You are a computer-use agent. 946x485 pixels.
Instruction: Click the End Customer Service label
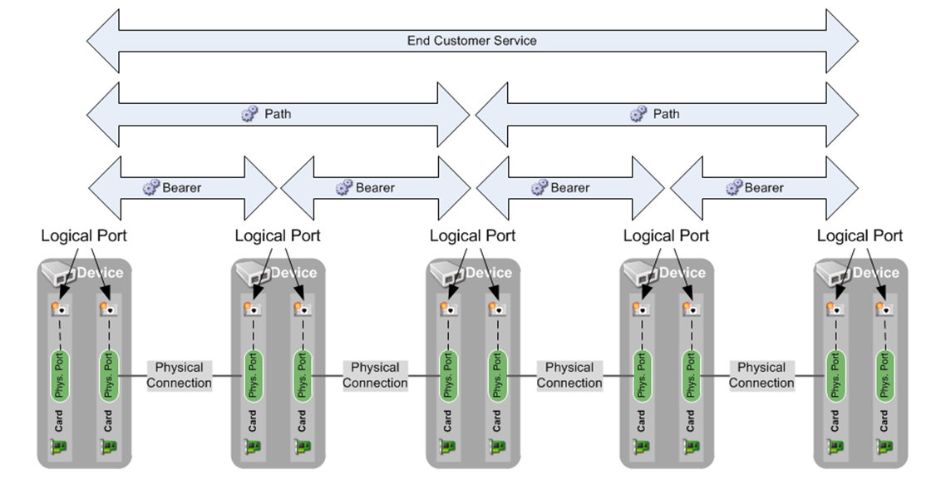(x=471, y=40)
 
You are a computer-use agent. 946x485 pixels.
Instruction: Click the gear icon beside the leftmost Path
(x=250, y=114)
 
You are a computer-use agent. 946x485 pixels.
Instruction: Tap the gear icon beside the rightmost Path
(x=638, y=114)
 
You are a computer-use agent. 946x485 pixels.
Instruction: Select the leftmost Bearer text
(x=182, y=187)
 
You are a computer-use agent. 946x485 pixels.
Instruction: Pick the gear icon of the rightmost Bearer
(x=733, y=187)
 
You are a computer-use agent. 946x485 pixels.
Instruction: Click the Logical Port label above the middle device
(x=472, y=236)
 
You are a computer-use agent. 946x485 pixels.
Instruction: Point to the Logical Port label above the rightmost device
(x=860, y=236)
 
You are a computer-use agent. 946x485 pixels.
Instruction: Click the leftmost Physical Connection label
(x=179, y=375)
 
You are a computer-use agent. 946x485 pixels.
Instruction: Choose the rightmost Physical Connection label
(x=761, y=375)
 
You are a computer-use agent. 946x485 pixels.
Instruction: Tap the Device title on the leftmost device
(x=100, y=273)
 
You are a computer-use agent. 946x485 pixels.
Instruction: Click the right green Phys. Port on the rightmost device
(x=884, y=375)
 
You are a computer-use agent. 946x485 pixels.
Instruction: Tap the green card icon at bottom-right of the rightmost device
(x=884, y=447)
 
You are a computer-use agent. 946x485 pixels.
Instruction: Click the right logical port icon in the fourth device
(x=689, y=309)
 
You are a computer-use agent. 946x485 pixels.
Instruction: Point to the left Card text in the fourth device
(x=641, y=420)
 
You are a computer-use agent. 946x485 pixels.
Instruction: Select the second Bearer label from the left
(x=375, y=187)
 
